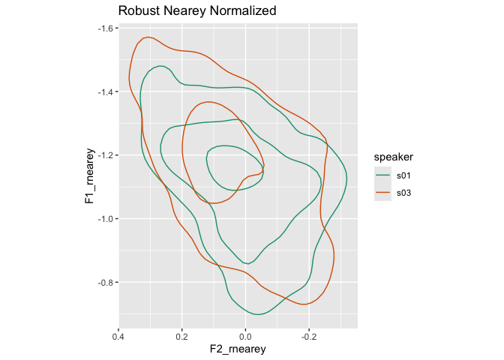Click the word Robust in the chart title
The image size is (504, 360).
[140, 11]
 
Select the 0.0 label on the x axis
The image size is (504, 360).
[245, 336]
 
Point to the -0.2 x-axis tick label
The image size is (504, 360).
[307, 336]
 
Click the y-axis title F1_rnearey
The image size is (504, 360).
[89, 177]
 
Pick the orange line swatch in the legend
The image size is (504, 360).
[383, 193]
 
